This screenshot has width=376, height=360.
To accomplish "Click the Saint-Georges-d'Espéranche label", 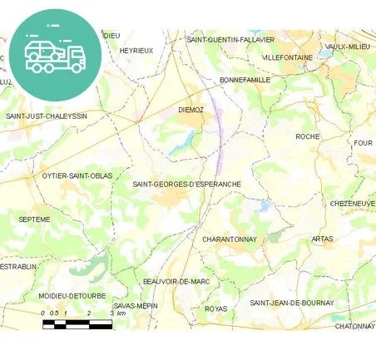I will point(187,183).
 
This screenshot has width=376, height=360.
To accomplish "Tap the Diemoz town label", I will point(191,109).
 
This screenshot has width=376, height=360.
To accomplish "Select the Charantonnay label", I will point(230,239).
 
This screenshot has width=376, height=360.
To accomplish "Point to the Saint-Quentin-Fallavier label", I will point(230,39).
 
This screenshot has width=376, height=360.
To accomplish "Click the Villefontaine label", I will point(287,57).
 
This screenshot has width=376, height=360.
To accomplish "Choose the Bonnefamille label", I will point(245,80).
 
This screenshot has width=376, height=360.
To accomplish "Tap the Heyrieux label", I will point(137,51).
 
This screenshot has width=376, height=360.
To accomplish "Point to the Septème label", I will point(34,219).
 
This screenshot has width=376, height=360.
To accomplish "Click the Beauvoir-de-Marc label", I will point(176,282).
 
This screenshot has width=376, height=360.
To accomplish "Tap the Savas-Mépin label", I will point(136,305).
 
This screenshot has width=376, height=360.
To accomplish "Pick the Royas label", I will point(215,308).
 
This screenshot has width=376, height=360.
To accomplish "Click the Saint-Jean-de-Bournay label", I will point(292,303).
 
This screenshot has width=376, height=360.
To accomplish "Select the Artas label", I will point(322,239).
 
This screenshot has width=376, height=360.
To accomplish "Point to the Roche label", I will point(308,136).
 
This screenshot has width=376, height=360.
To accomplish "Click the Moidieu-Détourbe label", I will point(72,295).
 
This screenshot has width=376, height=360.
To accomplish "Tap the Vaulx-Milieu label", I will point(348,47).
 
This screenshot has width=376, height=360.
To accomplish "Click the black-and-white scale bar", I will point(77,324).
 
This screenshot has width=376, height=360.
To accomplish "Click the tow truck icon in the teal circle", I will point(56,55).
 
